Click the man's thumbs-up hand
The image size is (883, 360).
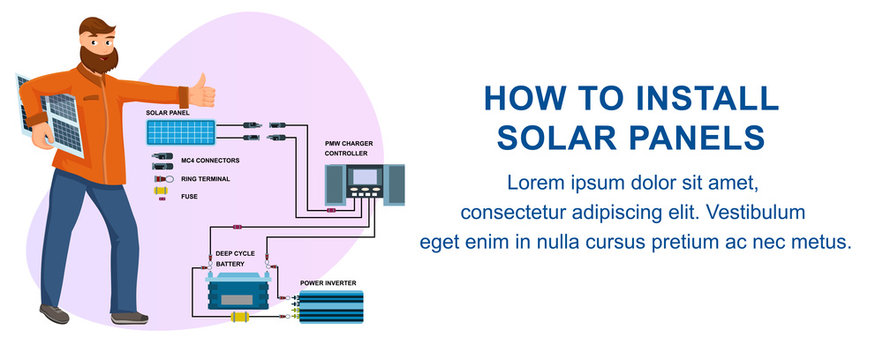(x=203, y=92)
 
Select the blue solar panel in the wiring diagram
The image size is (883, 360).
(x=181, y=131)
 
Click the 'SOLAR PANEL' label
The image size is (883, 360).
(x=168, y=114)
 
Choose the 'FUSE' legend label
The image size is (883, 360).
(x=190, y=197)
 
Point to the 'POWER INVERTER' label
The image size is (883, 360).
(x=328, y=283)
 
